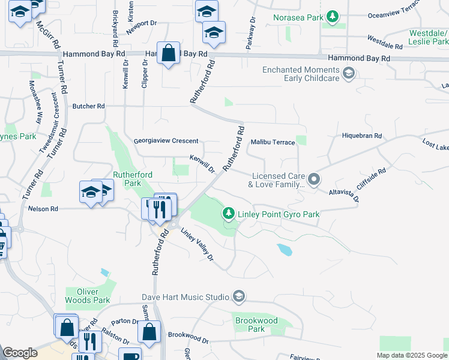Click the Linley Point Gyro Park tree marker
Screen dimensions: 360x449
(x=229, y=214)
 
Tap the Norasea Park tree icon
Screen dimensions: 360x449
(x=332, y=17)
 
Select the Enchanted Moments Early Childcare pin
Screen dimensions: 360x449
(x=348, y=74)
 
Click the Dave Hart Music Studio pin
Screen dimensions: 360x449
(x=239, y=296)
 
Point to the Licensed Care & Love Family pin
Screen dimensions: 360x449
(x=313, y=179)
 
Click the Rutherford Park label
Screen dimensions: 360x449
(x=133, y=179)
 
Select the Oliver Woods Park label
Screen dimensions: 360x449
(x=88, y=296)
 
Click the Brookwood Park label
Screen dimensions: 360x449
(x=256, y=325)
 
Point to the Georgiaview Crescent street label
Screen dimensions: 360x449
(x=166, y=141)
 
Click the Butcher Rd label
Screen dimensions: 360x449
(x=88, y=106)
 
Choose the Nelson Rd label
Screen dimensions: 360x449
(x=43, y=209)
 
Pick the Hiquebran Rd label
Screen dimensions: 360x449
(x=362, y=136)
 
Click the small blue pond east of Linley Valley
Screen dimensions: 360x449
(x=285, y=250)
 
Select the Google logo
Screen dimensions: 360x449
(x=20, y=353)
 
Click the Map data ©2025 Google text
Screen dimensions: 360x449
(x=411, y=355)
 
